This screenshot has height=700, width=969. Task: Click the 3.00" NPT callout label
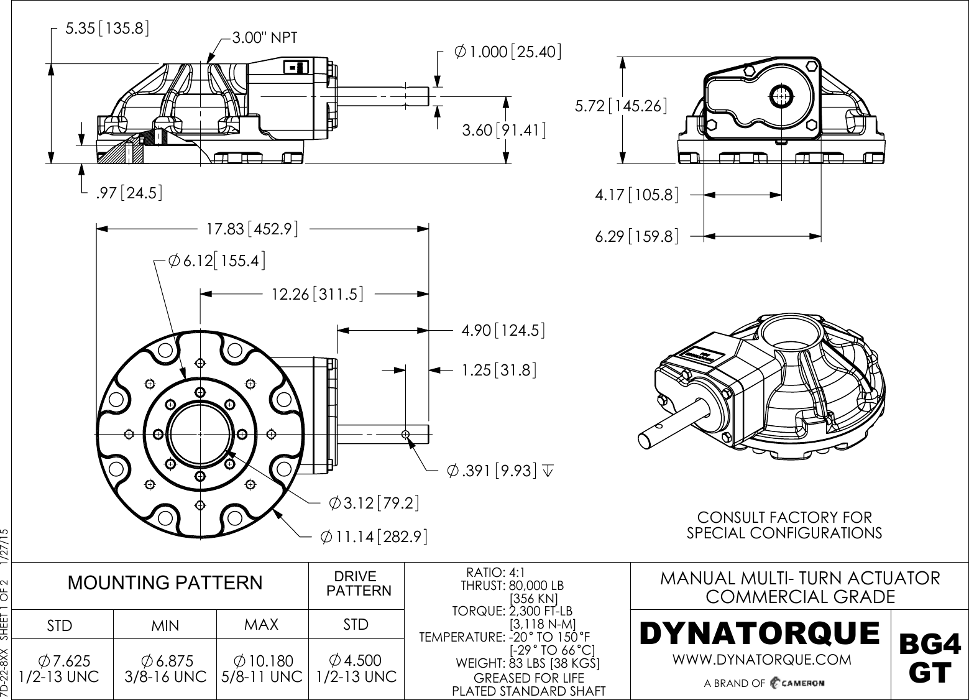tap(264, 38)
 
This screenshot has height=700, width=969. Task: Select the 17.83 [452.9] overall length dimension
tap(252, 229)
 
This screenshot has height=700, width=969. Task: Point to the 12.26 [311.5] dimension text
tap(317, 293)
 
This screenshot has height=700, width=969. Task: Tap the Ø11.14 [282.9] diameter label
tap(373, 536)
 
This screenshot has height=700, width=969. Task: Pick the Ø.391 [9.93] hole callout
tap(492, 471)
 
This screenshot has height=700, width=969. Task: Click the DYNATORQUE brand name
tap(760, 633)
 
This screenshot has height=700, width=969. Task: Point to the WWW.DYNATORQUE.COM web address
tap(762, 659)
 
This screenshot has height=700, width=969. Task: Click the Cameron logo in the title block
tap(797, 683)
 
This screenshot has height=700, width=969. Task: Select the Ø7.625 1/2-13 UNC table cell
tap(60, 668)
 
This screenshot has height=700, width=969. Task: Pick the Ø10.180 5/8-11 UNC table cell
tap(262, 668)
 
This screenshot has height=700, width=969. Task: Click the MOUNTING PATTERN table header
tap(165, 583)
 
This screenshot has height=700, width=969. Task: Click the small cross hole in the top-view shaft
tap(405, 434)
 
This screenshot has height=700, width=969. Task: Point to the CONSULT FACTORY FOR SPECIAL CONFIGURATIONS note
tap(784, 525)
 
